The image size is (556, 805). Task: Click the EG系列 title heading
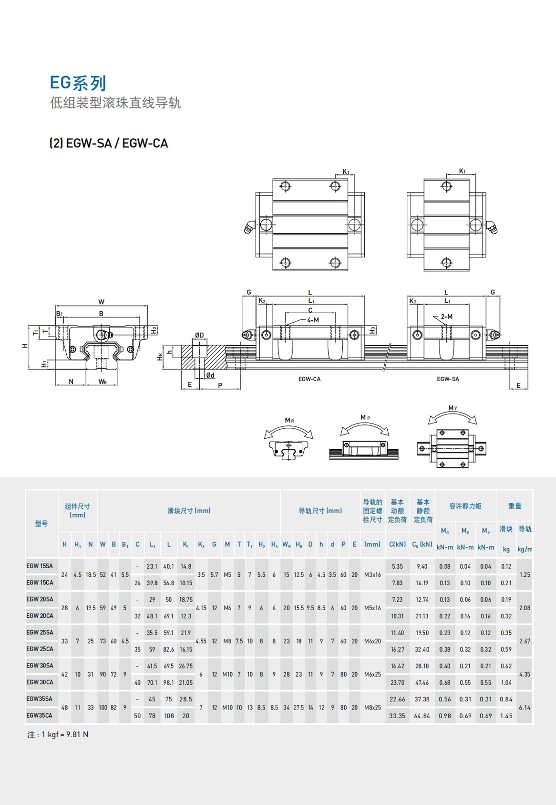tap(78, 83)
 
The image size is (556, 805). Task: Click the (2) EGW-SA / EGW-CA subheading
tap(109, 143)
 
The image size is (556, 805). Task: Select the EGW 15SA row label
tap(40, 566)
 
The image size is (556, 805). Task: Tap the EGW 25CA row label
tap(40, 649)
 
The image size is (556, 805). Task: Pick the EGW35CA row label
tap(39, 716)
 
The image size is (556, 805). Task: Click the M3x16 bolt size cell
tap(372, 575)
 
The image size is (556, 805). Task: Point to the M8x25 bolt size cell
tap(372, 708)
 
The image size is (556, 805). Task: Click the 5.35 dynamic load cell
tap(397, 567)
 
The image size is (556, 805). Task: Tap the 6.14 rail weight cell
tap(525, 708)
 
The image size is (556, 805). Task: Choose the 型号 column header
tap(41, 524)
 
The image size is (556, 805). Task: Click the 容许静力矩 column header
tap(465, 506)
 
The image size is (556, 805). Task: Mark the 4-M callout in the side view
tap(313, 320)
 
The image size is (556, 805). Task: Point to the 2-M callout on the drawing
tap(446, 317)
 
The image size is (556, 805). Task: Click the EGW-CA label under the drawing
tap(309, 379)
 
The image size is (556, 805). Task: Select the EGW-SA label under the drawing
tap(448, 379)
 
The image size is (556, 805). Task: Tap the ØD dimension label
tap(199, 336)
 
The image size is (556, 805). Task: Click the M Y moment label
tap(453, 408)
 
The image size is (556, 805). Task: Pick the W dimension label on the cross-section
tap(101, 302)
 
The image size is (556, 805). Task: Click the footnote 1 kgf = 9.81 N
tap(58, 735)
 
